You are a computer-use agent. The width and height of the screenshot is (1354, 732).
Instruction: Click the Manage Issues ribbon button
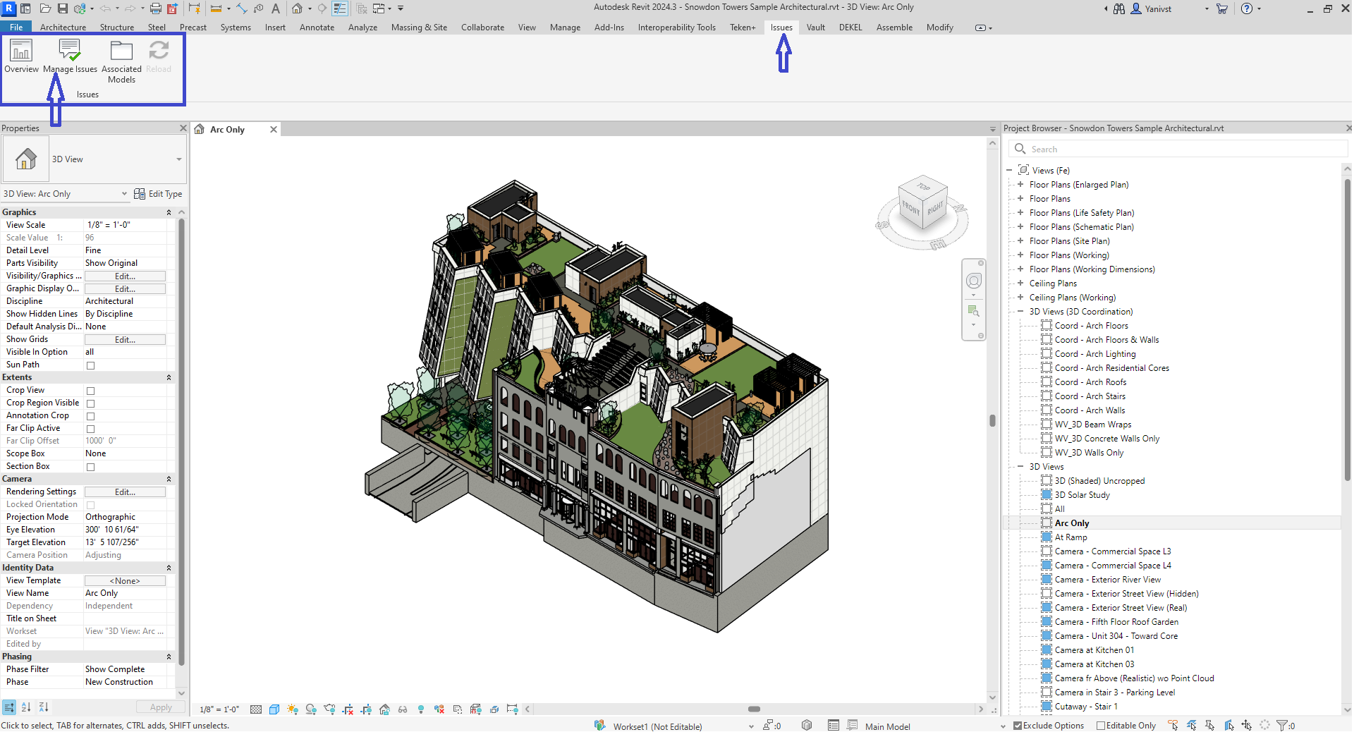click(70, 56)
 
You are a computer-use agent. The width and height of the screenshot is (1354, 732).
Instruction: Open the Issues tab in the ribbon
click(781, 28)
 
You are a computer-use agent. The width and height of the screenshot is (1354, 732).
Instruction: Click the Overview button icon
click(21, 51)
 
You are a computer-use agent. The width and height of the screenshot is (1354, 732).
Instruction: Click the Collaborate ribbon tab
click(482, 28)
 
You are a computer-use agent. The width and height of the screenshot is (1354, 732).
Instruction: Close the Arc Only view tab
click(274, 130)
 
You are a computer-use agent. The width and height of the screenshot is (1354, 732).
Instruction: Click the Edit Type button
click(159, 194)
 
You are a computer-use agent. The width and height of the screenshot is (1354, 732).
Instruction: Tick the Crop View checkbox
click(90, 391)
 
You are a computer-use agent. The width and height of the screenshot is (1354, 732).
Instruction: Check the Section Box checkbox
click(90, 467)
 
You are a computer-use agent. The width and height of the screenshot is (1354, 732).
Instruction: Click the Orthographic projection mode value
click(111, 517)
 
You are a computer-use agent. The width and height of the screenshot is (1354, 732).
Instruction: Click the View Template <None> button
click(125, 581)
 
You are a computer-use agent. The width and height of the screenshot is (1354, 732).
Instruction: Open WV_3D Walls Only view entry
click(1089, 453)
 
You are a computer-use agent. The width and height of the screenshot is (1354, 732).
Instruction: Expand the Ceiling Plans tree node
click(1020, 283)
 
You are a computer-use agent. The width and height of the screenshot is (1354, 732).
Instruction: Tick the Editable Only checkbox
click(1101, 726)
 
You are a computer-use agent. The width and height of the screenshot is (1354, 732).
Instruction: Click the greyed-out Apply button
click(161, 707)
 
